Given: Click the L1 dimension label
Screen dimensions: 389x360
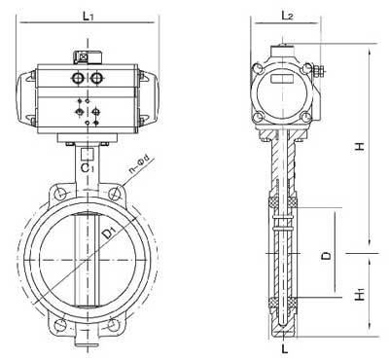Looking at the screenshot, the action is pos(88,16).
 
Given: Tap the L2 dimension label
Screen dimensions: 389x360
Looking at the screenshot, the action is pos(287,15).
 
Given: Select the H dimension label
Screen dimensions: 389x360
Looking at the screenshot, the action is pos(360,146).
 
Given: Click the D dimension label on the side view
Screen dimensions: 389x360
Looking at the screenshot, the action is pos(327,255).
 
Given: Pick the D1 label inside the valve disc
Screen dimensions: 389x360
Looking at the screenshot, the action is pos(109,233).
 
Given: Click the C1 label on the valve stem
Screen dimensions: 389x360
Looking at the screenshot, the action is pos(88,167).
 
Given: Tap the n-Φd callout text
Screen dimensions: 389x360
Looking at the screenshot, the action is pos(139,164).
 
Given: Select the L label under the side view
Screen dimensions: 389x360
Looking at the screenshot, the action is pos(285,349).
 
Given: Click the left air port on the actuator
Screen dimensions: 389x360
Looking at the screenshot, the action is pos(78,78).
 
